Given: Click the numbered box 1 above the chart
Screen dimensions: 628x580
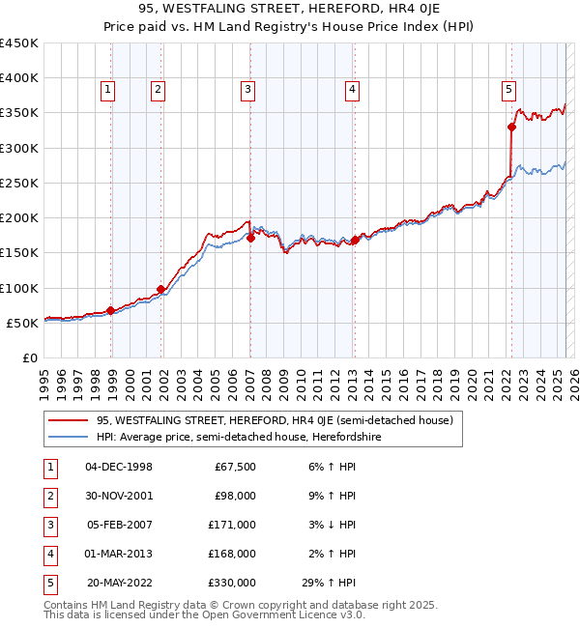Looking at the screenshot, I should [107, 90].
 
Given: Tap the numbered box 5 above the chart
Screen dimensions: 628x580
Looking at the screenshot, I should [508, 90].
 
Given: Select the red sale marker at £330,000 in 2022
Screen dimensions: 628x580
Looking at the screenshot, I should [511, 127].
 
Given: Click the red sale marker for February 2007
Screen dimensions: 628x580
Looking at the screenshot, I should [250, 238].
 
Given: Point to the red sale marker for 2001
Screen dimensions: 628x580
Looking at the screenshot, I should [160, 289].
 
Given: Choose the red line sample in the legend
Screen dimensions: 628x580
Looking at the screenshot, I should [69, 420].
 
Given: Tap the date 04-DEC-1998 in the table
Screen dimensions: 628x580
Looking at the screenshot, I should [119, 467].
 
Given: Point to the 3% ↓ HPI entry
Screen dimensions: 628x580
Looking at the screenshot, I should [333, 525].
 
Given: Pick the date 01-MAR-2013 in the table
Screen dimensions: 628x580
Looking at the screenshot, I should [119, 554].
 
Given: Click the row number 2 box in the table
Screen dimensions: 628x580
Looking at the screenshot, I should [48, 496].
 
